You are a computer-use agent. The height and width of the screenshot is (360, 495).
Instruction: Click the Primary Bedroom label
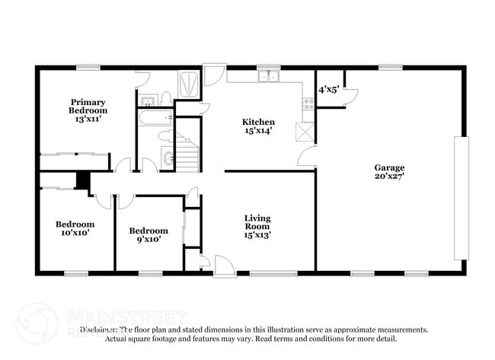tap(88, 110)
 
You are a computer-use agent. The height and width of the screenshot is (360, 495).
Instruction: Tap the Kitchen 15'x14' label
tap(258, 126)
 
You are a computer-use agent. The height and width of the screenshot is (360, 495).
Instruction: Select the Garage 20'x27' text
tap(388, 172)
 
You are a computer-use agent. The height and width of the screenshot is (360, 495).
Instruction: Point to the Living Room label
tap(257, 227)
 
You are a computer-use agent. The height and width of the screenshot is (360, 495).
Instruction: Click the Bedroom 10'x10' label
tap(75, 228)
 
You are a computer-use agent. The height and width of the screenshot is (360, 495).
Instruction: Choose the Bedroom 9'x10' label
tap(148, 234)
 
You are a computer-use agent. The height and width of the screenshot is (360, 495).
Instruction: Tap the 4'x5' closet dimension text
tap(329, 90)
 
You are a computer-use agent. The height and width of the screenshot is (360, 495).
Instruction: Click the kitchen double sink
tap(268, 75)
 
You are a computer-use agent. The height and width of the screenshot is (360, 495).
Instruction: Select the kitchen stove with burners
tap(308, 104)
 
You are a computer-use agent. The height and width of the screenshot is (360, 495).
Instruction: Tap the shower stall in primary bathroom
tap(188, 81)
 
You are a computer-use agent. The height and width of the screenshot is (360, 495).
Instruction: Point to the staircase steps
tap(187, 151)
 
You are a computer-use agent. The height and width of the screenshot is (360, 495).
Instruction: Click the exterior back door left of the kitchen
tap(213, 74)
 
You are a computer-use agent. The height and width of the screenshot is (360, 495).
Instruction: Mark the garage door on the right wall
tap(458, 171)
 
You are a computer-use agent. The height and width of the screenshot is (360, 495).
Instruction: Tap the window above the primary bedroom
tap(88, 67)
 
